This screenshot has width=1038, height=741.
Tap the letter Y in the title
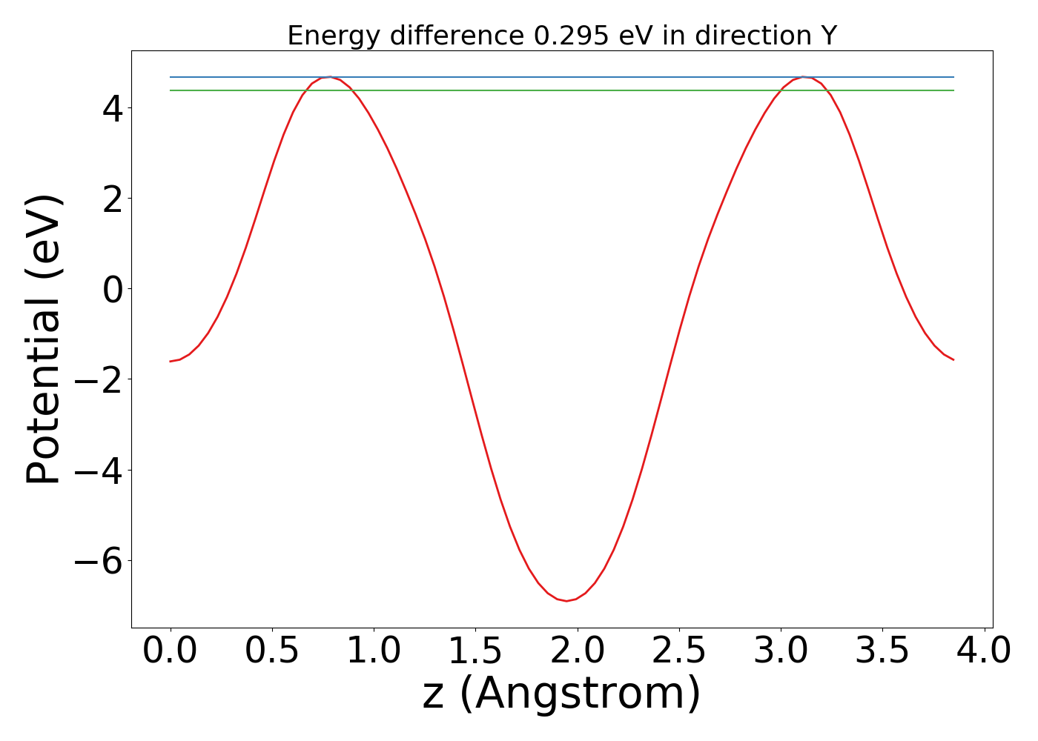(829, 36)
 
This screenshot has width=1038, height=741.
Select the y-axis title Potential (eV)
(44, 339)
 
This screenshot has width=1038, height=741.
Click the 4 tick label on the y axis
(113, 107)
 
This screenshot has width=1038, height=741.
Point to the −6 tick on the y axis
(96, 561)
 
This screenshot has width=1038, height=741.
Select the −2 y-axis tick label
(96, 379)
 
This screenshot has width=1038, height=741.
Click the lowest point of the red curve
(566, 601)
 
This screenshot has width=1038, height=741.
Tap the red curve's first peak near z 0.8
(330, 77)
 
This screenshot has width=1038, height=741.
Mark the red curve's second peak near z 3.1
(804, 77)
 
